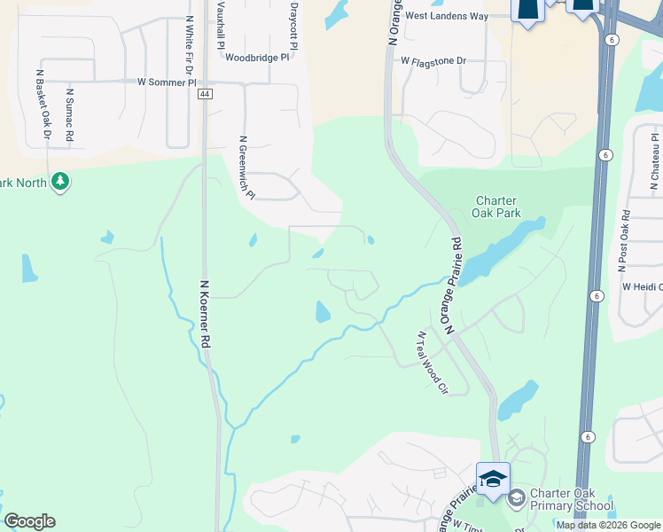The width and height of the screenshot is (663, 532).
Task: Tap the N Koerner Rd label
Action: pos(205,314)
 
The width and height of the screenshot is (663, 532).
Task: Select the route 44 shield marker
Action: pos(205,94)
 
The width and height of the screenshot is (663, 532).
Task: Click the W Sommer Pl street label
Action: pos(167,82)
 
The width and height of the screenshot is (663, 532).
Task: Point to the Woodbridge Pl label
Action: pos(257,57)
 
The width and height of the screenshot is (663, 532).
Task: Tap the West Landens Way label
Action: pos(447,16)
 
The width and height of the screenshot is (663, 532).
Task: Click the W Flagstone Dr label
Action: pos(433,61)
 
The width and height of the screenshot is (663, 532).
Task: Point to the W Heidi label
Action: pos(642,286)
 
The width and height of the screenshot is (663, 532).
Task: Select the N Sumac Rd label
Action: pos(69,113)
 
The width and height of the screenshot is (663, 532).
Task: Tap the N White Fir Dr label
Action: pos(189,43)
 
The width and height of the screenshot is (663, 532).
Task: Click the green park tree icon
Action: pos(60,182)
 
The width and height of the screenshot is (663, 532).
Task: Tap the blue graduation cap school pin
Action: pos(493,478)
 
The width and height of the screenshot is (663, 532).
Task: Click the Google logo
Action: pos(29,521)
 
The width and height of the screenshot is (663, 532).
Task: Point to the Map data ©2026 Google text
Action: pos(608,525)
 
